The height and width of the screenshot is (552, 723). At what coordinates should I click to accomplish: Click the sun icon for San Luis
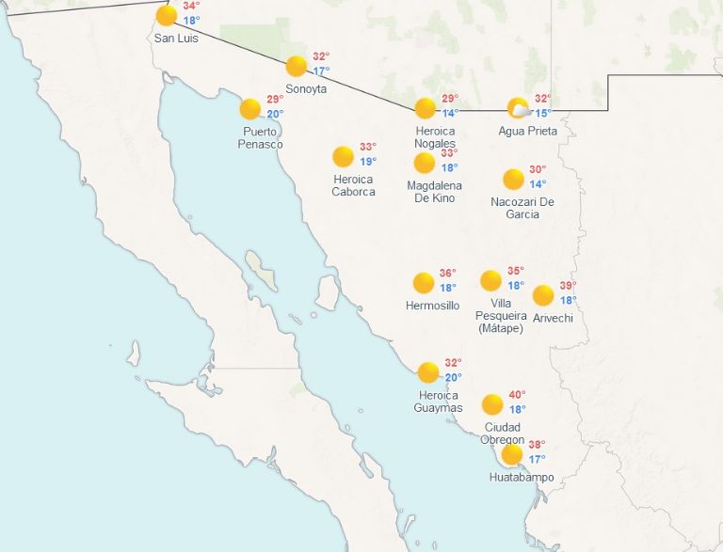[x=167, y=15]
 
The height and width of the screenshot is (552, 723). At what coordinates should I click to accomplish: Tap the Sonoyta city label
[x=307, y=88]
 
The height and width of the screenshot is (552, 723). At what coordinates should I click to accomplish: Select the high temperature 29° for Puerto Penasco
[x=274, y=100]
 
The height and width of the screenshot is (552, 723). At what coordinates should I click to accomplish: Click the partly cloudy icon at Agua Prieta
[x=518, y=108]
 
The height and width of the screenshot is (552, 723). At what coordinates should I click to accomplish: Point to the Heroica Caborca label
[x=353, y=185]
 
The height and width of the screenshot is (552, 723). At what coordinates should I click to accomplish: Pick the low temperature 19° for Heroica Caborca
[x=368, y=162]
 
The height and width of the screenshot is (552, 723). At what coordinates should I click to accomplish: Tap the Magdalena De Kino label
[x=434, y=192]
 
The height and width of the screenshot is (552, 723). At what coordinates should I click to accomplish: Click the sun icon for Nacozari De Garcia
[x=513, y=179]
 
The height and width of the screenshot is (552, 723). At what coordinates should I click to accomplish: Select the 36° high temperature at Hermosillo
[x=447, y=273]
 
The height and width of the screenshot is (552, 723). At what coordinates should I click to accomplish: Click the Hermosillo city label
[x=432, y=306]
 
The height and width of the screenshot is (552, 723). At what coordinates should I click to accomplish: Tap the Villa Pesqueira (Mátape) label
[x=502, y=315]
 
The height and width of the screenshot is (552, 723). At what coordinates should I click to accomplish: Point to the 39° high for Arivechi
[x=568, y=286]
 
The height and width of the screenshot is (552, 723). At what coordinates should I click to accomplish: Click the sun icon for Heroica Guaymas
[x=428, y=372]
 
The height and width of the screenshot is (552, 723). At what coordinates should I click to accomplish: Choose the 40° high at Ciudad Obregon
[x=517, y=394]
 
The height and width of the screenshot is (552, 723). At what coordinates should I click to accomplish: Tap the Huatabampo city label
[x=522, y=478]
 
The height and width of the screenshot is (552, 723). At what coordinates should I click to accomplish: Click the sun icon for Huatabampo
[x=512, y=455]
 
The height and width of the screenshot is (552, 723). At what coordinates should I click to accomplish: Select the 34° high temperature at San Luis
[x=191, y=6]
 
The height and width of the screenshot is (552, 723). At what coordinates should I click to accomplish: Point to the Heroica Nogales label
[x=435, y=137]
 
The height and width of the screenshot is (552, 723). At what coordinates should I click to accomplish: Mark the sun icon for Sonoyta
[x=297, y=66]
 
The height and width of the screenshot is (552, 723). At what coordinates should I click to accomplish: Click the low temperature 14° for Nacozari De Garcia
[x=537, y=184]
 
